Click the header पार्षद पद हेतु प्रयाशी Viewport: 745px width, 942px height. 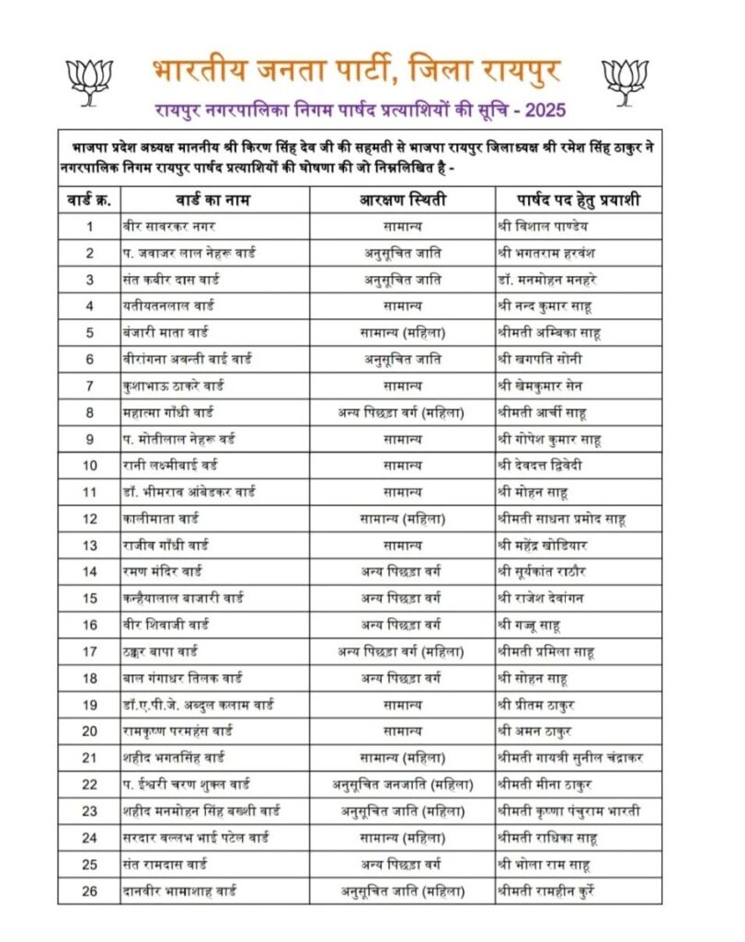click(x=579, y=200)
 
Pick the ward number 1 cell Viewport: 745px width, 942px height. click(x=90, y=226)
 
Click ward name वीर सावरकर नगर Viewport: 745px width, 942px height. click(x=160, y=226)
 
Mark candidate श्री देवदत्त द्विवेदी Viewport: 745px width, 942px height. click(x=549, y=465)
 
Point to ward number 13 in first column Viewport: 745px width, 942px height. click(x=90, y=546)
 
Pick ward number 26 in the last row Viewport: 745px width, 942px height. click(x=90, y=891)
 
